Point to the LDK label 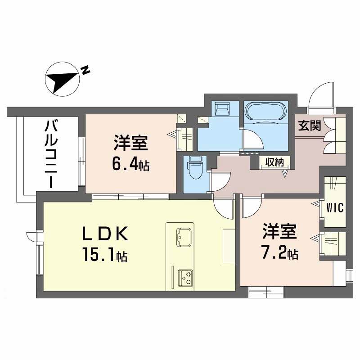coord(107,235)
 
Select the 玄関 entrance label coord(309,126)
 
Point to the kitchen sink coord(184,235)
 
